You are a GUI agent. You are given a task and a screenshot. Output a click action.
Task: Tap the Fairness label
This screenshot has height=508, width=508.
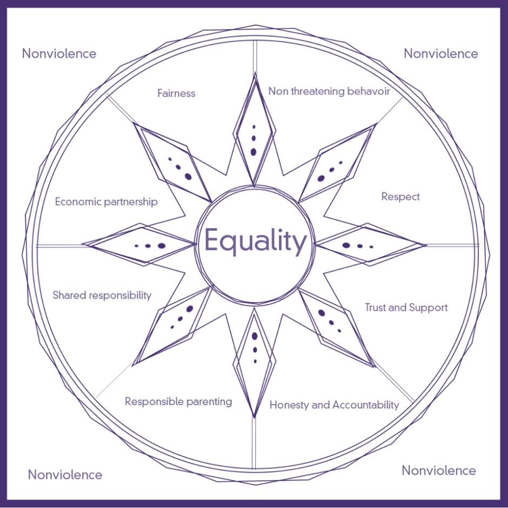(x=176, y=93)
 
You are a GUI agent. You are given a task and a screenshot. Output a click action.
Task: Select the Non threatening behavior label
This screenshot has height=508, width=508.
(x=329, y=91)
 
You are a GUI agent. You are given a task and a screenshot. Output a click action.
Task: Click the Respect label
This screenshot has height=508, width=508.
(x=400, y=197)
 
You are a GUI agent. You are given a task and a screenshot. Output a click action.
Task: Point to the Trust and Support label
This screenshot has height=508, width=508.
(x=406, y=308)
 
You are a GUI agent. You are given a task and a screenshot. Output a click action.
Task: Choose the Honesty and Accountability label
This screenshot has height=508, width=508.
(x=334, y=405)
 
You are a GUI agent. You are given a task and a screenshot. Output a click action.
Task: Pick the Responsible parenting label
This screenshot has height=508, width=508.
(x=178, y=402)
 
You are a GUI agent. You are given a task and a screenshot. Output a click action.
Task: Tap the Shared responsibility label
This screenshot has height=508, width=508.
(x=102, y=295)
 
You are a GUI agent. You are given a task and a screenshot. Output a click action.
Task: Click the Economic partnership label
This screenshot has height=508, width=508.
(x=106, y=202)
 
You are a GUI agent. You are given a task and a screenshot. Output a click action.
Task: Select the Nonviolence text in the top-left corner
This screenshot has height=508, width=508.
(x=59, y=54)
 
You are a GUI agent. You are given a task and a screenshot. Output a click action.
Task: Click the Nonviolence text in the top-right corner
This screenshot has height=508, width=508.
(x=441, y=54)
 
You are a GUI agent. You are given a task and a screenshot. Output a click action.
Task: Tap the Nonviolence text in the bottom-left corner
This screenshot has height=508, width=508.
(x=65, y=475)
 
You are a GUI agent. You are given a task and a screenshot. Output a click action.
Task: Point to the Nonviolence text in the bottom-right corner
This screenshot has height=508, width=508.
(x=439, y=470)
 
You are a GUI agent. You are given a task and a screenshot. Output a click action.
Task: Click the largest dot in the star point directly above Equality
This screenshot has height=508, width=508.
(x=253, y=151)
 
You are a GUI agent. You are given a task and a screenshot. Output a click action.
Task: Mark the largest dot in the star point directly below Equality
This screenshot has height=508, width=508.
(x=255, y=336)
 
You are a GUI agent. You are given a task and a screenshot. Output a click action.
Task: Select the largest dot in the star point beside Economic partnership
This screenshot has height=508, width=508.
(x=161, y=246)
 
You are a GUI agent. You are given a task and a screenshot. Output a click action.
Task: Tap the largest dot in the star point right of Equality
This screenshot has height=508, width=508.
(x=346, y=245)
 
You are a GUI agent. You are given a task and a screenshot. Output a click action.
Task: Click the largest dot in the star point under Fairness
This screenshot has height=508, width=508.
(x=188, y=176)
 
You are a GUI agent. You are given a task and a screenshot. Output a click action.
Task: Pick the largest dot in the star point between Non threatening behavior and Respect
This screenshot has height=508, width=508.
(x=321, y=178)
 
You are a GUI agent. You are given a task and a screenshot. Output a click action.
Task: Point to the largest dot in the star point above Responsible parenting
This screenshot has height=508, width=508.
(x=190, y=309)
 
